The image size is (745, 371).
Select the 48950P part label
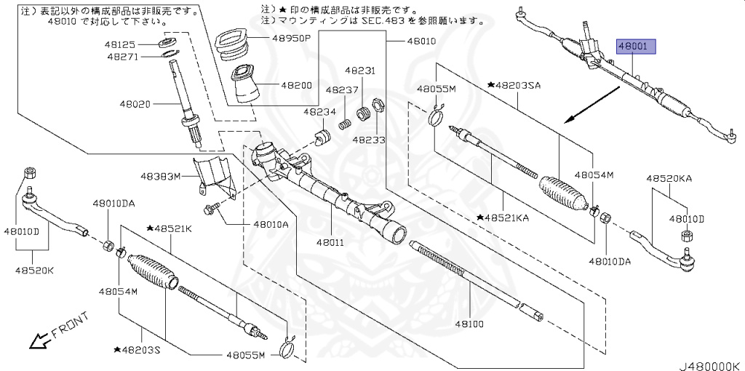pyautogui.click(x=292, y=38)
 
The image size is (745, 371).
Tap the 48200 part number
pyautogui.click(x=297, y=85)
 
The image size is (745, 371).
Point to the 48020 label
pyautogui.click(x=135, y=104)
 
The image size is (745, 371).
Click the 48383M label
pyautogui.click(x=160, y=176)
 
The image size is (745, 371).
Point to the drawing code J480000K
pyautogui.click(x=709, y=364)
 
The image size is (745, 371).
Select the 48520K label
pyautogui.click(x=34, y=271)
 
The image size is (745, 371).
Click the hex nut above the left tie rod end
pyautogui.click(x=30, y=172)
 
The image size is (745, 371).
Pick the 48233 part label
pyautogui.click(x=369, y=138)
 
